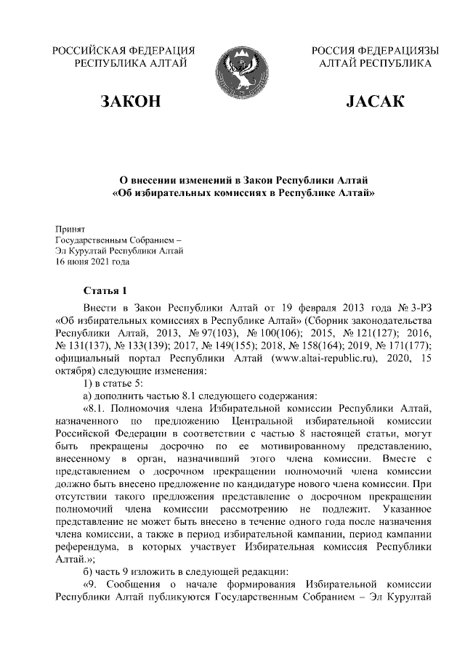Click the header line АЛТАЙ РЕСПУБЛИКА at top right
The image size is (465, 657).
point(375,64)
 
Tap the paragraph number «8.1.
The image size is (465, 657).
point(98,409)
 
